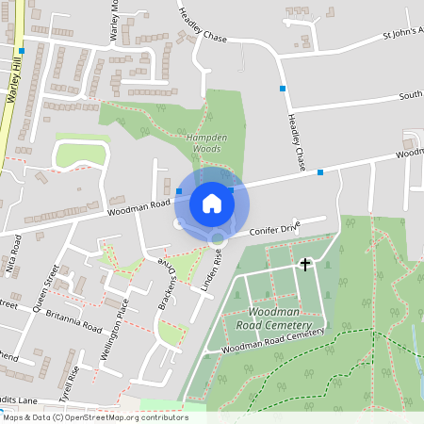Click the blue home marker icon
pos(212,203)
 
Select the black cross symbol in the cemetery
pos(304,265)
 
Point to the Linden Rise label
pos(209,268)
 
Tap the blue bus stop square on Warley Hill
pos(21,52)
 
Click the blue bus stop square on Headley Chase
pos(282,89)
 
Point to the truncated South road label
pos(410,95)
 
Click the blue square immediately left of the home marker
pos(179,190)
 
